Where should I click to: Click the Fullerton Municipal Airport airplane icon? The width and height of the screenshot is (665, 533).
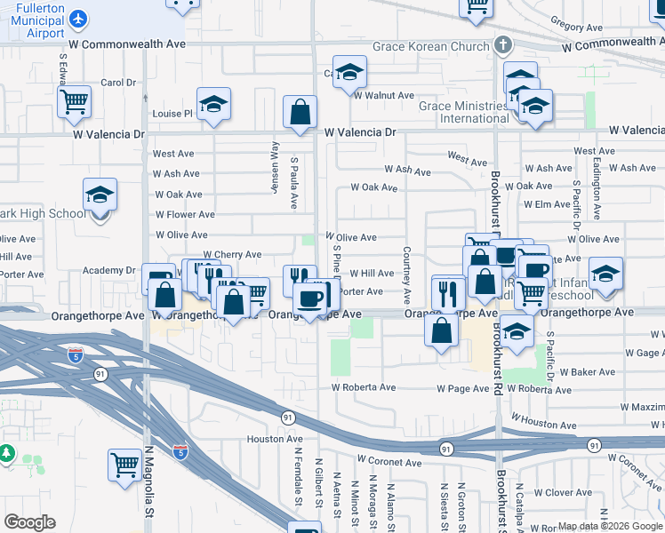tap(78, 17)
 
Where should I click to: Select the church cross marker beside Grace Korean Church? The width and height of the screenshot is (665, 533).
tap(503, 44)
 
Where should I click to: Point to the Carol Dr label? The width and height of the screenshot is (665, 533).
tap(117, 83)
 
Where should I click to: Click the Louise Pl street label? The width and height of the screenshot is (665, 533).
tap(172, 114)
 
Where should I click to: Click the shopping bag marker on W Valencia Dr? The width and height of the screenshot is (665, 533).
tap(300, 112)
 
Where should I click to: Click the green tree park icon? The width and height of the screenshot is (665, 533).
tap(7, 454)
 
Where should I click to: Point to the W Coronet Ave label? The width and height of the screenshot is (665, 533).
tap(389, 462)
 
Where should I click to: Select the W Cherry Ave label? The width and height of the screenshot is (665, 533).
tap(233, 255)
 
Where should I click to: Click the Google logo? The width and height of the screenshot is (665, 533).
tap(29, 522)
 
